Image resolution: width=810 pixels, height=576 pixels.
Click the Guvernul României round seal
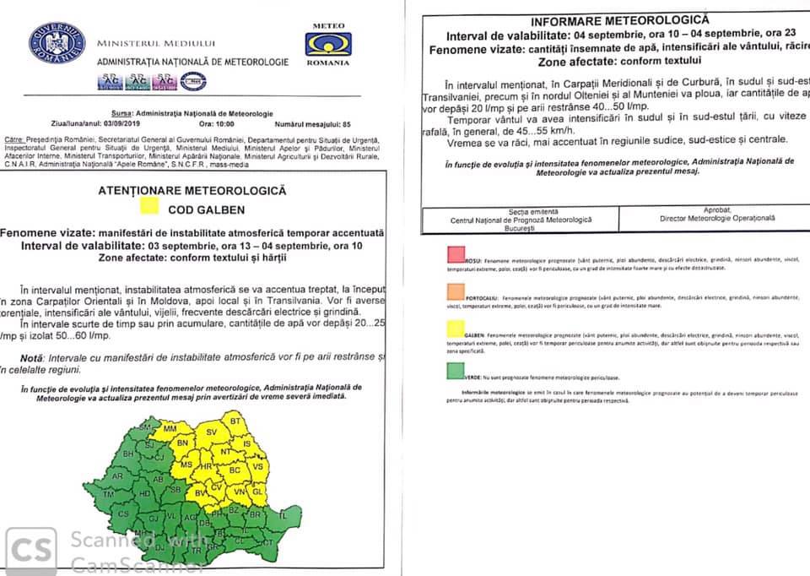coord(57,43)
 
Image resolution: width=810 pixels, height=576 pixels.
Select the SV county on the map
coord(212,432)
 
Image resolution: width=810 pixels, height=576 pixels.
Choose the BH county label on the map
coord(129,454)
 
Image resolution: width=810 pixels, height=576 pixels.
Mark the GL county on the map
coord(259,491)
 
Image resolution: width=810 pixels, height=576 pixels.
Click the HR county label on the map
coord(205,465)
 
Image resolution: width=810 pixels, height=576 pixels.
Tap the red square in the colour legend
coord(455,254)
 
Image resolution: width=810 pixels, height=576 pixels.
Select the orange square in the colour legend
coord(455,292)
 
